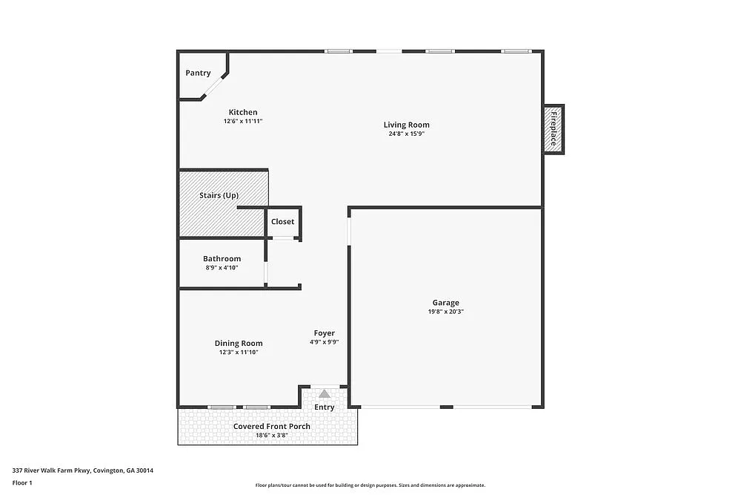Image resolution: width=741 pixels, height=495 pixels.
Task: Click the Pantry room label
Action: click(198, 73)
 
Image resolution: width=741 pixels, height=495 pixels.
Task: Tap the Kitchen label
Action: click(243, 113)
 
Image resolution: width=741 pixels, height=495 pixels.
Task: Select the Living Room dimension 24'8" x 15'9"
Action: click(406, 134)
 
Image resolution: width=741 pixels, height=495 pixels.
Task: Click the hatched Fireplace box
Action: click(554, 129)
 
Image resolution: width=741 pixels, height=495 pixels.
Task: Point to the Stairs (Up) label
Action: click(219, 195)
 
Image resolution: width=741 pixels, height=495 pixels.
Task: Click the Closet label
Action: click(282, 222)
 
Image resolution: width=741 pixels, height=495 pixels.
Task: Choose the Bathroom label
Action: click(222, 259)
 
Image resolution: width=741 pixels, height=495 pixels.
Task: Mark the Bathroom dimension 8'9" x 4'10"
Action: click(222, 268)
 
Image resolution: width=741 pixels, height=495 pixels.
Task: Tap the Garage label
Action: click(446, 303)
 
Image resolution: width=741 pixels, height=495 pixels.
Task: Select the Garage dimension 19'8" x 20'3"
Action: click(446, 312)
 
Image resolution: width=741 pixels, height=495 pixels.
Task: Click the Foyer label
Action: click(324, 333)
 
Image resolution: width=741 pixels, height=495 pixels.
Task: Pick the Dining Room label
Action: click(239, 344)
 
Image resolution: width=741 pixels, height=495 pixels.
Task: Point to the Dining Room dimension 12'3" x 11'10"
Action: click(239, 353)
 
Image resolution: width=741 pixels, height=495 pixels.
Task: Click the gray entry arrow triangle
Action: click(325, 393)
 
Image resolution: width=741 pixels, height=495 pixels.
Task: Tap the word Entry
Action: click(325, 407)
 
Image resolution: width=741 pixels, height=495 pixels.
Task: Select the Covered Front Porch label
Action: click(272, 427)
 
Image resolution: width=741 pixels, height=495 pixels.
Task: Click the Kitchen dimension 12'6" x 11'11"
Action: click(243, 121)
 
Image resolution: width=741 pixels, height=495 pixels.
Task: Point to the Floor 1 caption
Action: click(22, 482)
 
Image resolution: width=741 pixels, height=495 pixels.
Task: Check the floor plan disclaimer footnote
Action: click(370, 485)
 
